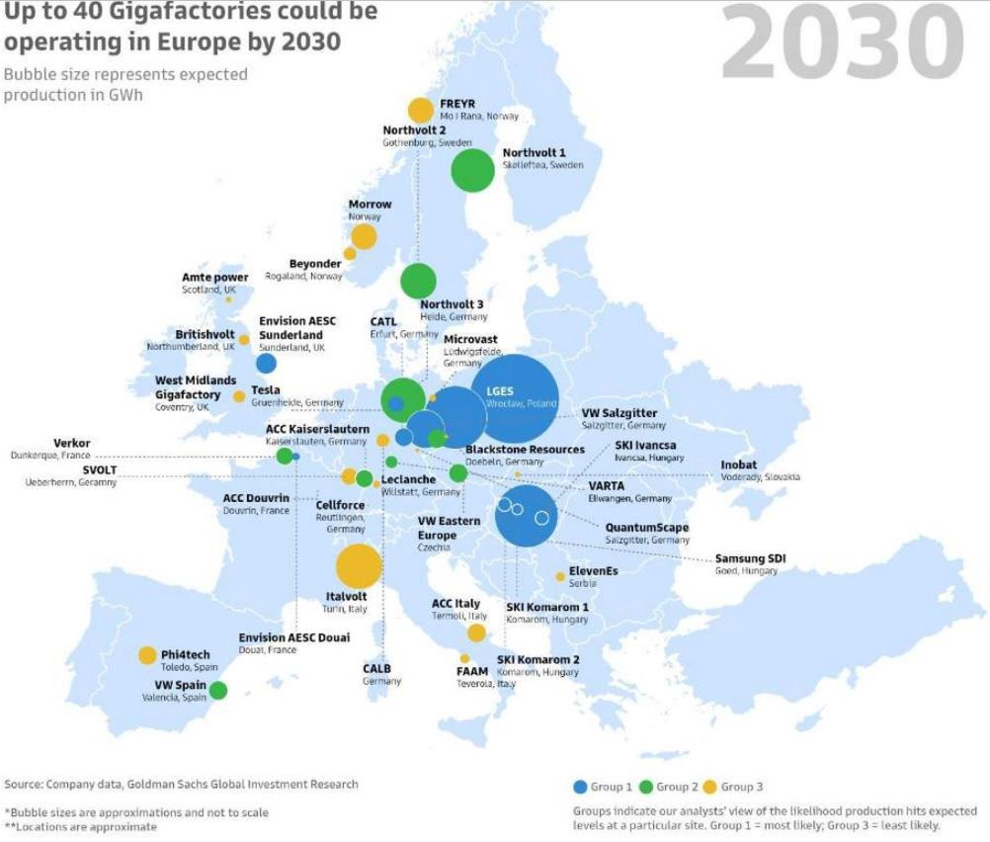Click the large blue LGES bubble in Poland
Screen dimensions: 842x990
514,397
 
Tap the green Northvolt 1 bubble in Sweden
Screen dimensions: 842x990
473,170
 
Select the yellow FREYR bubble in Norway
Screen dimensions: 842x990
421,110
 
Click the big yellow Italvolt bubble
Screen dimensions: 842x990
359,566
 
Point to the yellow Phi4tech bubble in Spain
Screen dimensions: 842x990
147,655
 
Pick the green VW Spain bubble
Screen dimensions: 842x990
218,690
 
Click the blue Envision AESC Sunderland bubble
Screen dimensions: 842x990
266,363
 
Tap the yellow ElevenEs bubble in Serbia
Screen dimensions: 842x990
560,576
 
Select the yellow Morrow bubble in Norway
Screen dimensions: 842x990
364,236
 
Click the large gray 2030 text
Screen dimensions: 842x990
842,44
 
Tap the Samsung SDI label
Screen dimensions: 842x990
750,559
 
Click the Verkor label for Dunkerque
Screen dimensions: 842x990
70,443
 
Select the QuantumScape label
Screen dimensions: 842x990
647,528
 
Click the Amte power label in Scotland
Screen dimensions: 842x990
214,278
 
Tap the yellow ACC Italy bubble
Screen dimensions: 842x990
476,632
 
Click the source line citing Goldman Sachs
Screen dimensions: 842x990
181,785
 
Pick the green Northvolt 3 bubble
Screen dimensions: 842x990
418,281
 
